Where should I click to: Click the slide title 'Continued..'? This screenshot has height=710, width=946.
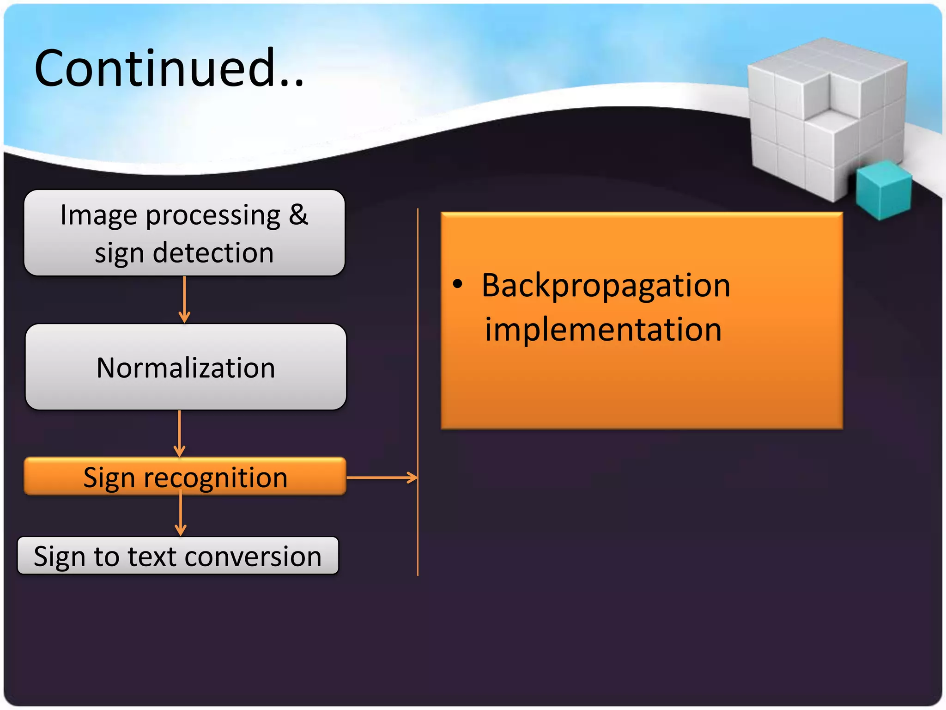pyautogui.click(x=169, y=68)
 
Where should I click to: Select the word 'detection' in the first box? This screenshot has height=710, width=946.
pyautogui.click(x=213, y=253)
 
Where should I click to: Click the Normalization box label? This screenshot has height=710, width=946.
pyautogui.click(x=186, y=368)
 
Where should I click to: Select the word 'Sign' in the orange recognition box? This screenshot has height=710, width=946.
pyautogui.click(x=109, y=477)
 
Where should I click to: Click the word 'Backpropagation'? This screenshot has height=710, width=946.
pyautogui.click(x=606, y=286)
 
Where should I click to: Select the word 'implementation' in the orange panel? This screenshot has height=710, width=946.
pyautogui.click(x=603, y=330)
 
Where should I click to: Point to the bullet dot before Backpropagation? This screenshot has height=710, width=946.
pyautogui.click(x=457, y=284)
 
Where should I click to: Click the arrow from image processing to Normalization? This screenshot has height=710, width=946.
pyautogui.click(x=184, y=300)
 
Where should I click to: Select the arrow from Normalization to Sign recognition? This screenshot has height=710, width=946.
pyautogui.click(x=180, y=434)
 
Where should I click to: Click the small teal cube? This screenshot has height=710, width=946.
pyautogui.click(x=883, y=190)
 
